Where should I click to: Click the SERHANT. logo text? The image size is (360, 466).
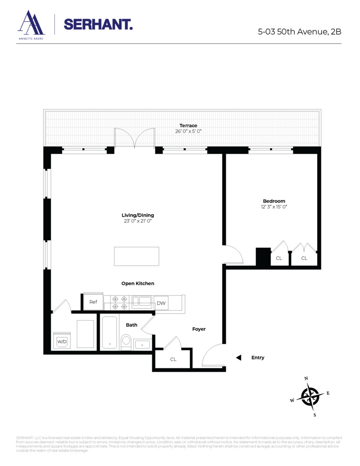click(98, 24)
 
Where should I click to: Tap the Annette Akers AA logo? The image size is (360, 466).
click(31, 24)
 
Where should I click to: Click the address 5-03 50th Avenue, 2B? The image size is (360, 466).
click(299, 32)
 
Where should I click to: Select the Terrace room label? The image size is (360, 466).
click(189, 125)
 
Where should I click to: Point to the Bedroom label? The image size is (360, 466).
click(274, 201)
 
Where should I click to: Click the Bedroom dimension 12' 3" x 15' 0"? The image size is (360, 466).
click(274, 206)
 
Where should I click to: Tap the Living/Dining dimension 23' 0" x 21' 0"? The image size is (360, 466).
click(137, 221)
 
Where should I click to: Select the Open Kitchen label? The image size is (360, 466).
click(137, 283)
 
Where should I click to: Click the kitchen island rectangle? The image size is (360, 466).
click(136, 256)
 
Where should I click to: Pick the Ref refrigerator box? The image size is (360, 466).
click(93, 302)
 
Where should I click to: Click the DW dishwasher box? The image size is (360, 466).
click(161, 303)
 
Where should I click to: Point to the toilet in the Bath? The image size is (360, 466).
click(126, 342)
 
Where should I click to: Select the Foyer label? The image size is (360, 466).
click(199, 329)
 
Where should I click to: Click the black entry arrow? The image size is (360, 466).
click(238, 358)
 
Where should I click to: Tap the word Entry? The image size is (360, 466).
click(258, 358)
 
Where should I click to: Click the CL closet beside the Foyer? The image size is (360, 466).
click(173, 359)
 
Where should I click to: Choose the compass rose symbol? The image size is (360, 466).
click(309, 397)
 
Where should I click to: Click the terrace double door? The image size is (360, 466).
click(135, 139)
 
